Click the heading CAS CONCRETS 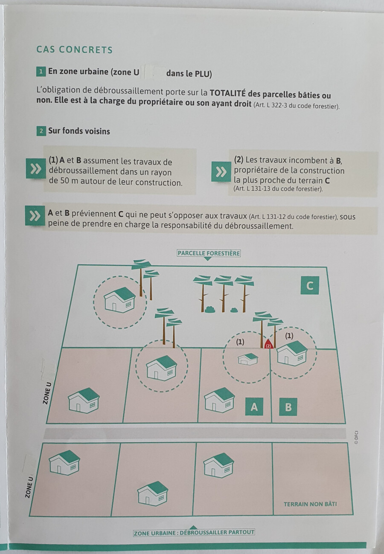75,50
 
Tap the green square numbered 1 41,72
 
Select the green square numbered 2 41,131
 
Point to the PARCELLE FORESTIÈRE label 209,253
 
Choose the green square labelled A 254,407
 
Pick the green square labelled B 288,407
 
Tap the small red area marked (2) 268,345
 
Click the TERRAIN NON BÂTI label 310,504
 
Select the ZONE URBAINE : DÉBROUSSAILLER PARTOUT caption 194,533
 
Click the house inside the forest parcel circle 120,300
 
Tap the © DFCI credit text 356,438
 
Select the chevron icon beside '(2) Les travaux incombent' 221,172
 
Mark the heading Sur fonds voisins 79,131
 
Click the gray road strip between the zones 194,433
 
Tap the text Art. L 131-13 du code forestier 278,189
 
